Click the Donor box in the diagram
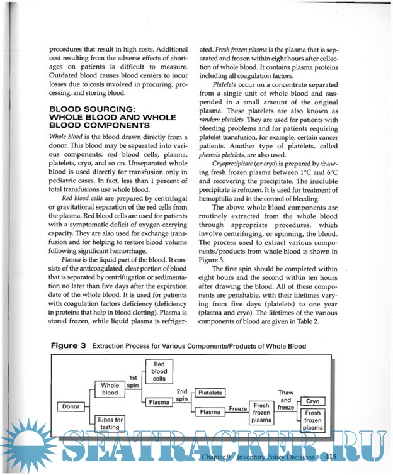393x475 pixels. pyautogui.click(x=71, y=406)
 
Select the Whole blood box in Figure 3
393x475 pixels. pyautogui.click(x=110, y=389)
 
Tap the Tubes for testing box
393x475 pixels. pyautogui.click(x=110, y=423)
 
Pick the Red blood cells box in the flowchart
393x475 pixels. pyautogui.click(x=159, y=371)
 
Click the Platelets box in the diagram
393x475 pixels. pyautogui.click(x=210, y=393)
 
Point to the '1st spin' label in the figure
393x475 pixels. pyautogui.click(x=133, y=381)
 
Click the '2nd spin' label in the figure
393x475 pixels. pyautogui.click(x=182, y=394)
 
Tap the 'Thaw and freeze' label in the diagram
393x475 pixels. pyautogui.click(x=285, y=400)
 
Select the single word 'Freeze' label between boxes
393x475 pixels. pyautogui.click(x=237, y=408)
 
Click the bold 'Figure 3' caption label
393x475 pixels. pyautogui.click(x=67, y=346)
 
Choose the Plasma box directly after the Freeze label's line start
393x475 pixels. pyautogui.click(x=210, y=412)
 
